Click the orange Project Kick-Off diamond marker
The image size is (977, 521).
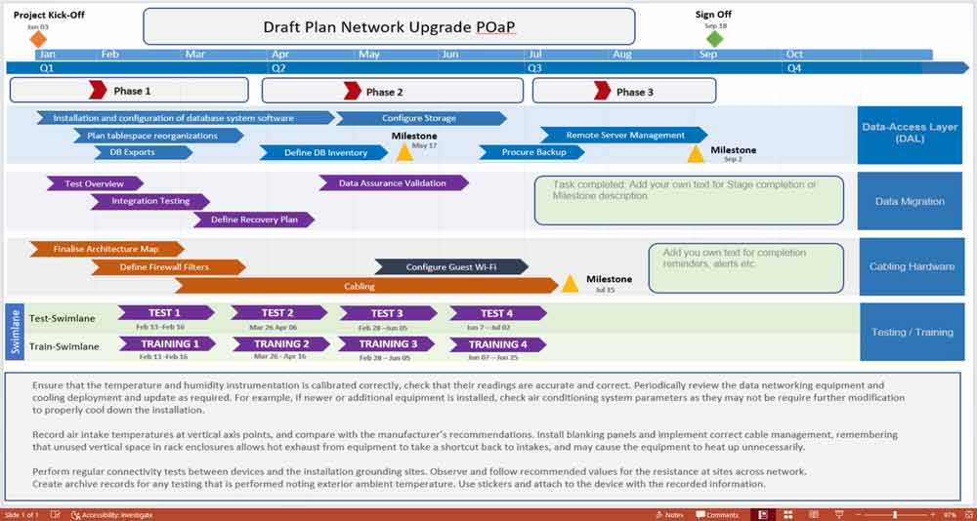[37, 39]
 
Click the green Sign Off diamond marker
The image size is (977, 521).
[714, 38]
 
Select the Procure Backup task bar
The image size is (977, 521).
[532, 152]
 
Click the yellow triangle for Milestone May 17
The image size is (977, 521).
[404, 153]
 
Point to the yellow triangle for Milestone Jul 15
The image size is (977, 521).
[571, 284]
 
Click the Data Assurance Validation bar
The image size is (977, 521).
[393, 182]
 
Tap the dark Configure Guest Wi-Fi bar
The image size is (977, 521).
[451, 266]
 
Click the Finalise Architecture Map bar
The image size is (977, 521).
[106, 249]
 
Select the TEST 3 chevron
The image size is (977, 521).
[387, 313]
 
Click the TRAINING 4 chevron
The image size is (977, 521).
[497, 344]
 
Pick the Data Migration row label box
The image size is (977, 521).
[909, 201]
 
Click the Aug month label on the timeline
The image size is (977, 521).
[622, 55]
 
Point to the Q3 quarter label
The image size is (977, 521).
[535, 68]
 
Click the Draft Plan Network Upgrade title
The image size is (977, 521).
[389, 27]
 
